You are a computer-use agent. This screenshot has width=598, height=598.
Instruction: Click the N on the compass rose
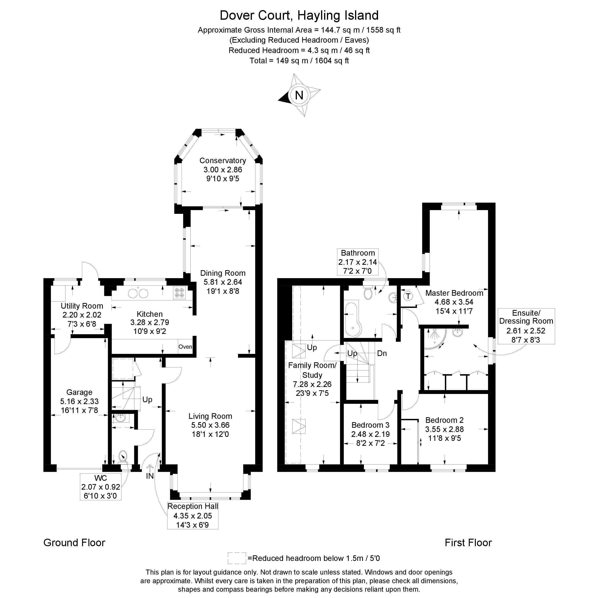[x=299, y=95]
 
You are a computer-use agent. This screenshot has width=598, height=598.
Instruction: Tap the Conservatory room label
[x=223, y=161]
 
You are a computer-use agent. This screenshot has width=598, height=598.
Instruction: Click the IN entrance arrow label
[x=150, y=476]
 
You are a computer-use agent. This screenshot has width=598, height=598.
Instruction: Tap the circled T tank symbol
[x=408, y=296]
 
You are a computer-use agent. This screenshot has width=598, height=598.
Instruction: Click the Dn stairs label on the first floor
[x=382, y=353]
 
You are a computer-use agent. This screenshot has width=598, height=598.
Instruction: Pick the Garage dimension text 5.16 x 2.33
[x=79, y=401]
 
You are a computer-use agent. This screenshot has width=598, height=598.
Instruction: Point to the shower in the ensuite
[x=435, y=338]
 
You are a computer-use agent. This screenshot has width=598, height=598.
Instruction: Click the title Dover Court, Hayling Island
[x=299, y=15]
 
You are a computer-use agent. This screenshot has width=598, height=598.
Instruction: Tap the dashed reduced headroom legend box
[x=237, y=558]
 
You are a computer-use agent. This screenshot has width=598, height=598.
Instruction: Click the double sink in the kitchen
[x=138, y=293]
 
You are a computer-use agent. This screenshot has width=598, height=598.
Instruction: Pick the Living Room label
[x=211, y=416]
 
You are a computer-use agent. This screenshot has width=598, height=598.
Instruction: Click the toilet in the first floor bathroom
[x=368, y=292]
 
